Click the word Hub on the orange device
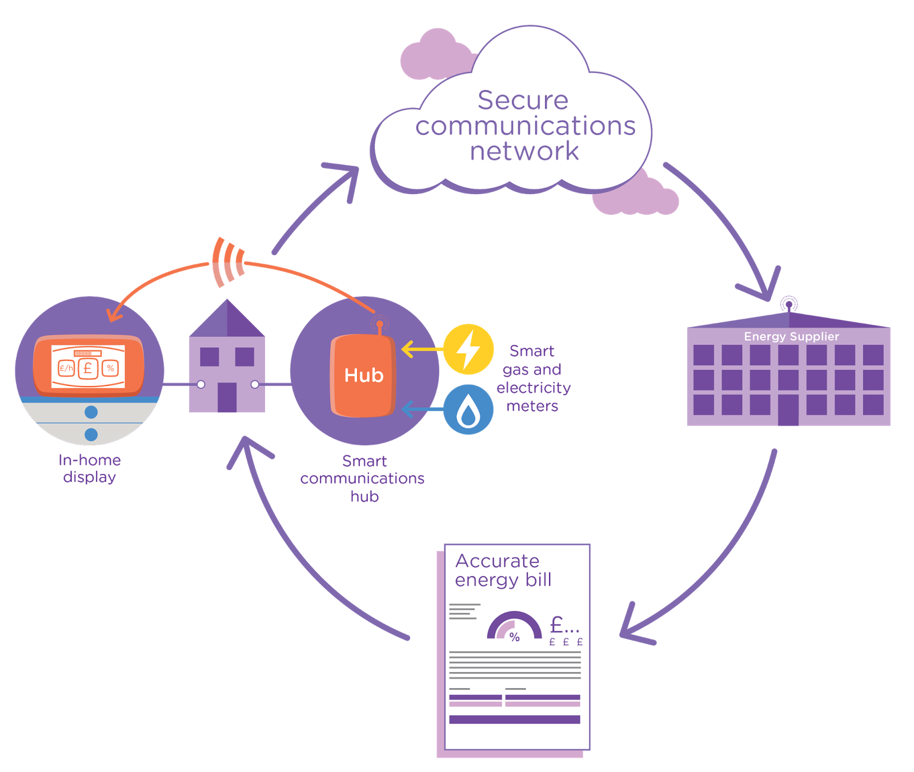point(364,375)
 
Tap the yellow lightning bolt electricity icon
point(468,349)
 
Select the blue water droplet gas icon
point(468,409)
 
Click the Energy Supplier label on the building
point(791,336)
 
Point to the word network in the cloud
point(524,151)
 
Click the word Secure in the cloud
point(523,100)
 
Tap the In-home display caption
point(90,468)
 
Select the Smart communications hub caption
point(363,479)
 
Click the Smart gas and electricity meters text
point(533,378)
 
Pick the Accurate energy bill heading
point(503,570)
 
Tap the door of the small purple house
point(227,397)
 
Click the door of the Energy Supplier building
point(788,409)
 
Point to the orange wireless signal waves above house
point(228,262)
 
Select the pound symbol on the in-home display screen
point(88,368)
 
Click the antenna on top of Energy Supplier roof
point(789,304)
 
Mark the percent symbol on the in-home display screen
point(110,368)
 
